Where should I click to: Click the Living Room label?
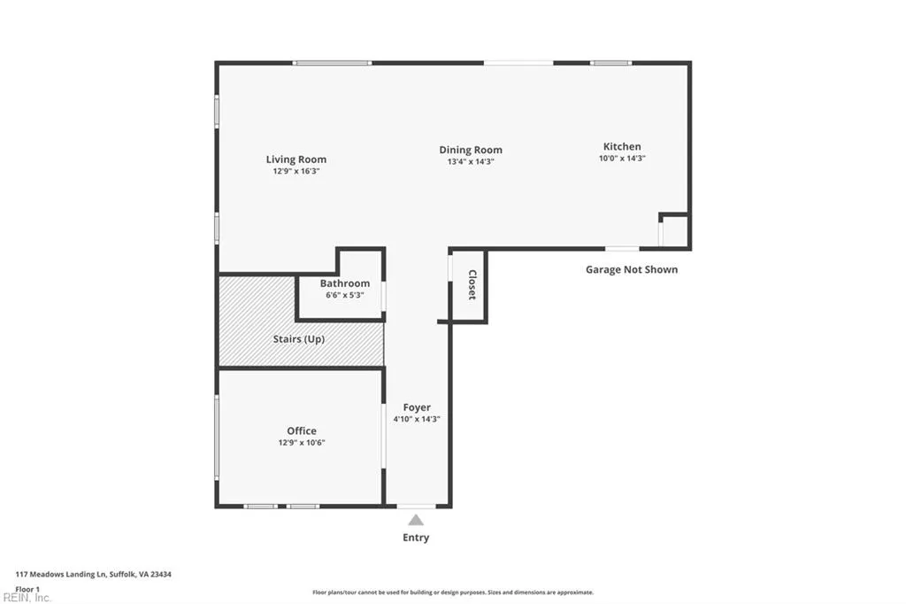click(x=296, y=159)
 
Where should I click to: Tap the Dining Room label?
click(x=471, y=150)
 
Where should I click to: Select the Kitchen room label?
click(x=622, y=146)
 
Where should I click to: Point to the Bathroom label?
click(x=344, y=283)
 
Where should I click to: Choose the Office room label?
click(x=301, y=431)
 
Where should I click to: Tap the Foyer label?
click(x=417, y=407)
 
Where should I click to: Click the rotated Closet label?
click(x=472, y=284)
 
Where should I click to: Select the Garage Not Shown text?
click(x=631, y=269)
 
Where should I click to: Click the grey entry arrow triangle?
click(x=416, y=521)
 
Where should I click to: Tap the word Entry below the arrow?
click(x=416, y=538)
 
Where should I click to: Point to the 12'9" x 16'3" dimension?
click(x=296, y=171)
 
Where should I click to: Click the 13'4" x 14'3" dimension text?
click(x=471, y=161)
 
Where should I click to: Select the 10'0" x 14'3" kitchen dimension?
click(x=622, y=158)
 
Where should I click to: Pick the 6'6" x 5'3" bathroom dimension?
click(x=344, y=295)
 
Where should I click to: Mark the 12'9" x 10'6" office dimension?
click(x=301, y=443)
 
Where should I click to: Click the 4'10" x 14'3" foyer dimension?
click(x=417, y=419)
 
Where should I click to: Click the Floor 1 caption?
click(x=27, y=588)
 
